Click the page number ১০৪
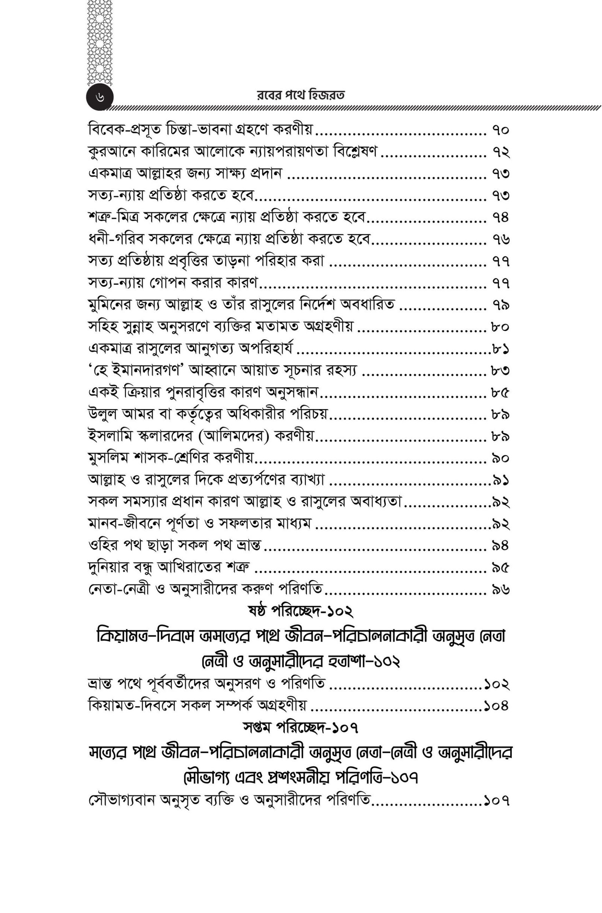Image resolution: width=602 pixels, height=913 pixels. click(496, 706)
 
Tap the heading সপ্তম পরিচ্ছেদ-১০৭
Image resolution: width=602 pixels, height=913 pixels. click(301, 727)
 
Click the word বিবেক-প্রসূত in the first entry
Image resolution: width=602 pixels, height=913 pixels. click(120, 130)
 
